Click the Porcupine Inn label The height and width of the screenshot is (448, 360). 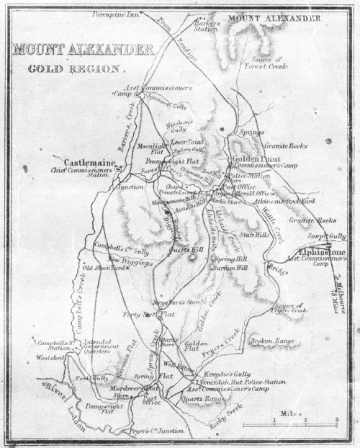click(x=115, y=13)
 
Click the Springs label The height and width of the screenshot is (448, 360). click(x=251, y=133)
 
